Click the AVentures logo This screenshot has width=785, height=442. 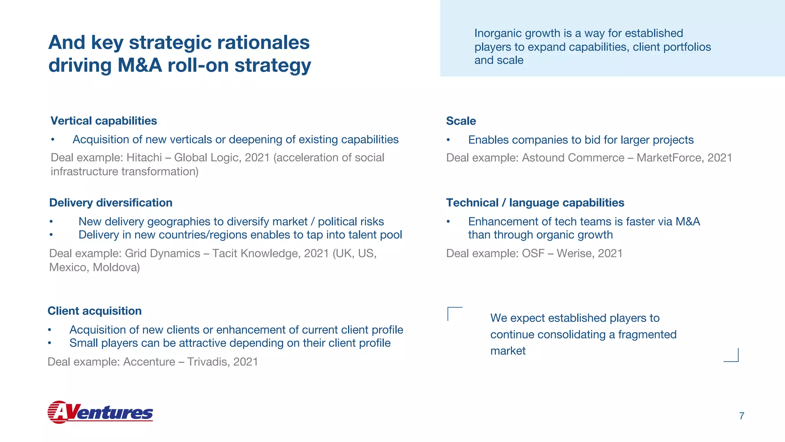tap(100, 412)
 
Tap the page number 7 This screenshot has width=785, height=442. tap(741, 416)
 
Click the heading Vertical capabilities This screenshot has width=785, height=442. tap(103, 121)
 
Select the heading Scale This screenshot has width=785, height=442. tap(461, 121)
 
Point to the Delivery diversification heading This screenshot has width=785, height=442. tap(111, 203)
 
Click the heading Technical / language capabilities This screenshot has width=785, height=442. tap(535, 203)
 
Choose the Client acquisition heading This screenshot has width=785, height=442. tap(94, 311)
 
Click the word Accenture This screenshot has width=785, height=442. tap(149, 362)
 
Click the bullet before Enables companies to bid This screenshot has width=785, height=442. tap(448, 140)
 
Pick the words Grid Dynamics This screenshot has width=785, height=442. tap(163, 253)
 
